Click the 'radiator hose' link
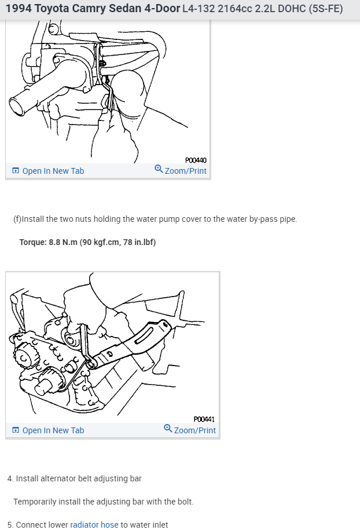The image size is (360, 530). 94,525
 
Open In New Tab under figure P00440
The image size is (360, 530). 53,171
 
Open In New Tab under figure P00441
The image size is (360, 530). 53,430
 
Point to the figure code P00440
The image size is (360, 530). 196,160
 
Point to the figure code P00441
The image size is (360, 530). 204,419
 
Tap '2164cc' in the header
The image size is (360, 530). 223,9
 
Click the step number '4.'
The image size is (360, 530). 10,478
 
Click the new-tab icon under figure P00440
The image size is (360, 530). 16,171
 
